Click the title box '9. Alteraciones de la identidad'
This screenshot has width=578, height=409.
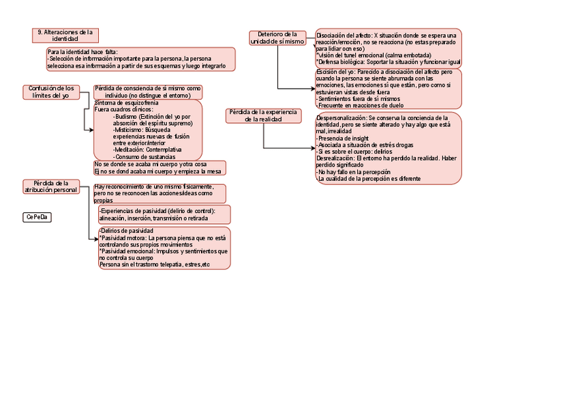tap(65, 36)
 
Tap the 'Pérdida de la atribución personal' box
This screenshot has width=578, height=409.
tap(51, 186)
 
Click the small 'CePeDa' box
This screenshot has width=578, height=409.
tap(37, 217)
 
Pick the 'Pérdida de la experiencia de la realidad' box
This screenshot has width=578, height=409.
tap(263, 115)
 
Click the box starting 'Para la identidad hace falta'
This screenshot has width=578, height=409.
tap(140, 59)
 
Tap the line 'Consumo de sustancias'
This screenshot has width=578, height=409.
tap(145, 156)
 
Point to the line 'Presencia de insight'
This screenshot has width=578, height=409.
tap(344, 139)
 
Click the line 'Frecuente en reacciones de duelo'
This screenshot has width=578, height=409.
tap(360, 106)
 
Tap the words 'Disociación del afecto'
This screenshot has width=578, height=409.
tap(344, 36)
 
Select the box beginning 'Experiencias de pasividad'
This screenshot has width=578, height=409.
tap(164, 214)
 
